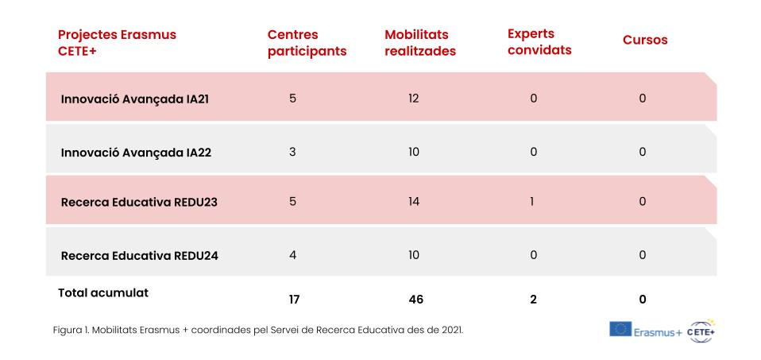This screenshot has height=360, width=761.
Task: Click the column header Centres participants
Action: click(x=307, y=43)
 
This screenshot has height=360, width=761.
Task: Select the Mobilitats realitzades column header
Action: click(x=420, y=43)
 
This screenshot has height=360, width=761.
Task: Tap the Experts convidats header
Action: click(x=539, y=42)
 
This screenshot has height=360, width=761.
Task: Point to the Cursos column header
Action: click(x=645, y=40)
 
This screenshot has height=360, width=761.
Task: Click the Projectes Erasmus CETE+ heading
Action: click(x=117, y=43)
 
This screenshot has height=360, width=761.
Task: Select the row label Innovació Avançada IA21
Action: click(x=135, y=99)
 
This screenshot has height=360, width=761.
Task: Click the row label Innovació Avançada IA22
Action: click(x=136, y=153)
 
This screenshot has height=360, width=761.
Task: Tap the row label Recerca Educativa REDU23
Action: click(x=139, y=202)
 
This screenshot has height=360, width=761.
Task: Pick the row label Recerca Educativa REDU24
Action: click(x=139, y=256)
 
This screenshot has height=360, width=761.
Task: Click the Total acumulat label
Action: click(x=103, y=293)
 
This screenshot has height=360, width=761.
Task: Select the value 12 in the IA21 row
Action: click(x=414, y=99)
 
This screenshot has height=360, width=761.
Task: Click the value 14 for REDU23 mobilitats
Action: click(x=414, y=202)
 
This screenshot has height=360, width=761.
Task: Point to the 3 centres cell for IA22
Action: click(x=292, y=152)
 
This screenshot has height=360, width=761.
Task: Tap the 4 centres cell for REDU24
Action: click(x=292, y=255)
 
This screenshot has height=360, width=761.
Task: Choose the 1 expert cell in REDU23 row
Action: click(x=532, y=202)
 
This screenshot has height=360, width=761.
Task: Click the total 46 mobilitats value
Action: click(x=416, y=300)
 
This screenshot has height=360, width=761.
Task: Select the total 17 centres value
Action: click(x=294, y=300)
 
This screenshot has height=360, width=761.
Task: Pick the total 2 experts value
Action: click(x=533, y=300)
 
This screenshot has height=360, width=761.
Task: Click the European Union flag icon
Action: click(x=620, y=329)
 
